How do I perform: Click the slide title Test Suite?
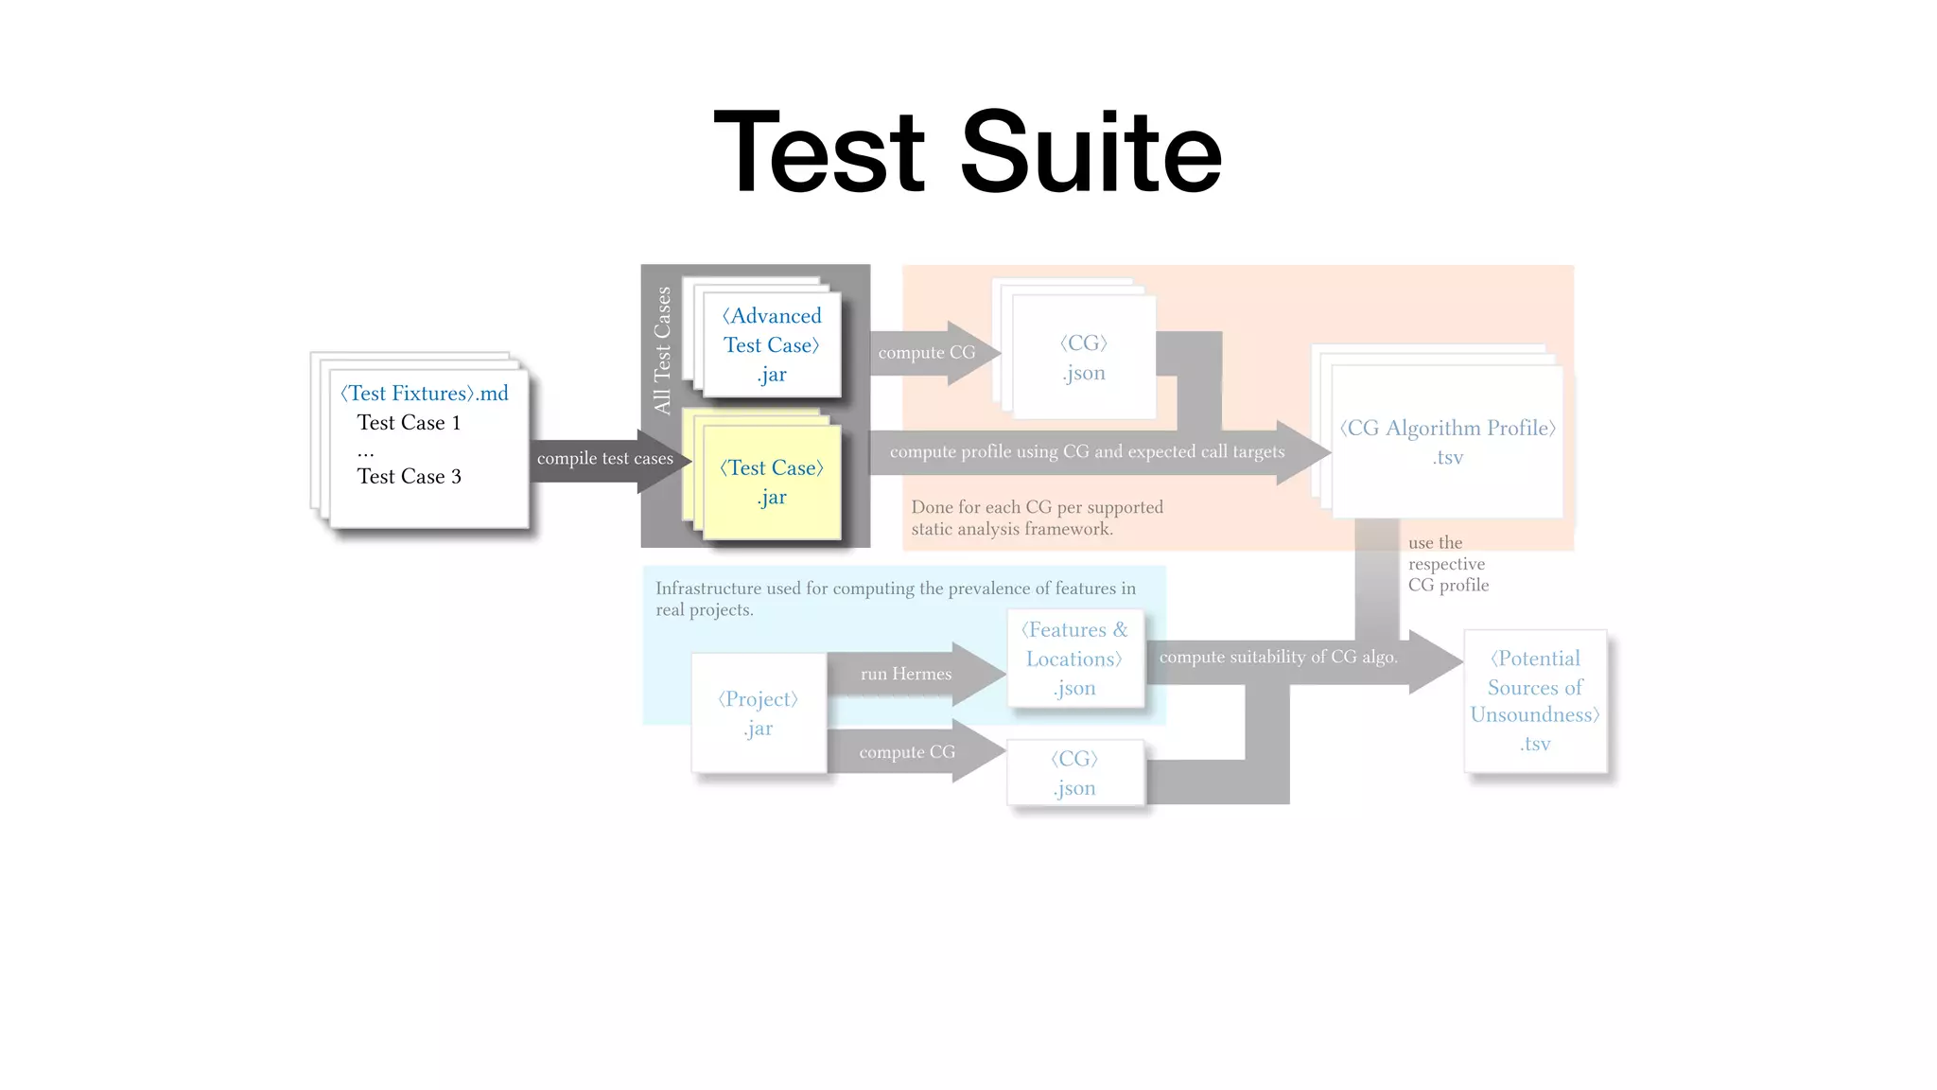pyautogui.click(x=968, y=151)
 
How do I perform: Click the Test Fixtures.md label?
pyautogui.click(x=425, y=394)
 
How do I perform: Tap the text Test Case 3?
pyautogui.click(x=409, y=477)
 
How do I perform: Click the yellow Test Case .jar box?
pyautogui.click(x=772, y=482)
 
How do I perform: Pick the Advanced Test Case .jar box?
pyautogui.click(x=772, y=344)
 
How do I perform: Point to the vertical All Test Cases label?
pyautogui.click(x=662, y=350)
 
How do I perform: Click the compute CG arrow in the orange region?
pyautogui.click(x=927, y=353)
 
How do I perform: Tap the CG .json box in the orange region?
pyautogui.click(x=1084, y=358)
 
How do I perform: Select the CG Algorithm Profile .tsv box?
pyautogui.click(x=1447, y=442)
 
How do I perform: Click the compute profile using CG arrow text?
pyautogui.click(x=1088, y=452)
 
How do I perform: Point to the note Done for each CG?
pyautogui.click(x=1037, y=518)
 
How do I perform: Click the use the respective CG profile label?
pyautogui.click(x=1447, y=564)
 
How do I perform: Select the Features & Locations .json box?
pyautogui.click(x=1075, y=659)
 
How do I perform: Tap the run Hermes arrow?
pyautogui.click(x=906, y=674)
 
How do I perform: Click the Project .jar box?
pyautogui.click(x=759, y=713)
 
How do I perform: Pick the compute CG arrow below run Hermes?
pyautogui.click(x=906, y=752)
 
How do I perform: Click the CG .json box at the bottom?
pyautogui.click(x=1075, y=773)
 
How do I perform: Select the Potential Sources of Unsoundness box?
pyautogui.click(x=1535, y=700)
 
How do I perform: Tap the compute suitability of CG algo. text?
pyautogui.click(x=1278, y=657)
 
